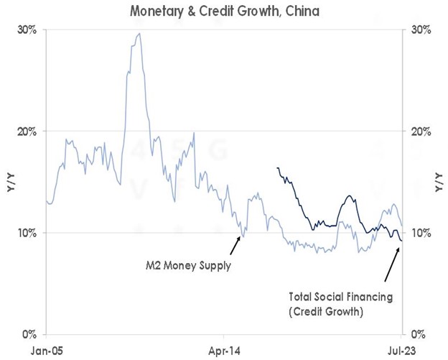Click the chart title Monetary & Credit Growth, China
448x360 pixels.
click(x=224, y=11)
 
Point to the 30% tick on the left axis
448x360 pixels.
click(x=27, y=30)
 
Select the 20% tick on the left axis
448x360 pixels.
click(x=27, y=131)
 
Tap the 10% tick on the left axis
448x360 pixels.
click(x=27, y=233)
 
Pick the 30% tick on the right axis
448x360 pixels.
click(x=421, y=30)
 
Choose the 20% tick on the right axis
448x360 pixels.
click(x=421, y=131)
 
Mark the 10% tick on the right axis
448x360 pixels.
click(x=421, y=233)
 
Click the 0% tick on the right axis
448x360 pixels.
click(x=418, y=334)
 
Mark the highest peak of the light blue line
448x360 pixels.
click(x=139, y=33)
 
